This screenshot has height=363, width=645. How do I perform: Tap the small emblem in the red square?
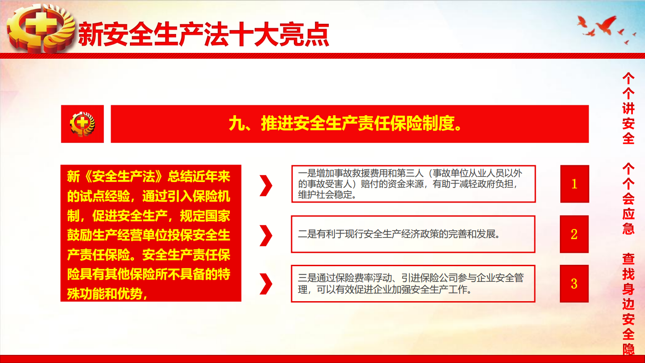point(82,124)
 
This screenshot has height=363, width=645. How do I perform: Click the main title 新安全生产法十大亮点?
point(203,35)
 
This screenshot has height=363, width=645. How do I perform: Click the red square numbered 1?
point(574,184)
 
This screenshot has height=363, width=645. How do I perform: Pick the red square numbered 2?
point(574,234)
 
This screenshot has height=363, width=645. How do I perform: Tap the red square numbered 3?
point(574,284)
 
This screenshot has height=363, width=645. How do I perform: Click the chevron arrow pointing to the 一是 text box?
point(266,186)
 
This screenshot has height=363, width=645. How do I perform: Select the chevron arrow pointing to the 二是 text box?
point(266,236)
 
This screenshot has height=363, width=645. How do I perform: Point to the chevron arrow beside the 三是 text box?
point(266,284)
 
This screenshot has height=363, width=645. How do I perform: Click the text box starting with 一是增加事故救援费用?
point(413,184)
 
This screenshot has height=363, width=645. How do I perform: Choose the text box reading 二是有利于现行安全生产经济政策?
point(413,234)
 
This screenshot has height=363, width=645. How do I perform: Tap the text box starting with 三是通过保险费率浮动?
point(413,284)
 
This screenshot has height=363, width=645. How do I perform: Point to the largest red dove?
point(606,25)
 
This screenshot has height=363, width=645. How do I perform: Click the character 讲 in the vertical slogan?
point(628,109)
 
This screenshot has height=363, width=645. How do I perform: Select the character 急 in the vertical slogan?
point(628,229)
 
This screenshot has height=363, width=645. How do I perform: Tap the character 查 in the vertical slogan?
point(628,259)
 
